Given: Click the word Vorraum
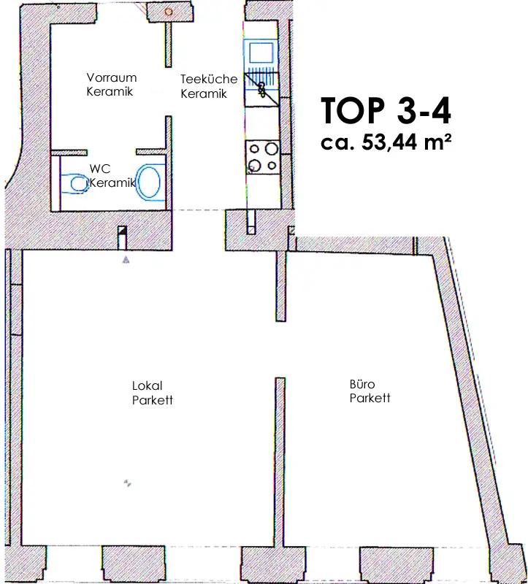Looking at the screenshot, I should pos(112,77).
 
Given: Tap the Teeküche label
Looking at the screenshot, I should pos(209,80).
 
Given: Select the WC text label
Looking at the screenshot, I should pos(99,169).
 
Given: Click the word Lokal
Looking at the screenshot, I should pos(146,385).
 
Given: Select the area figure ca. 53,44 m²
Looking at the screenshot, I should pos(386,142).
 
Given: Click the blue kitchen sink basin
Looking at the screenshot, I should pos(260,53).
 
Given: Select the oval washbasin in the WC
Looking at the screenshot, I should pos(150,182).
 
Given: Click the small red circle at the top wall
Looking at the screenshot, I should pos(169,12).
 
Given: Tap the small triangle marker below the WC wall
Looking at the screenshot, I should pos(126,259).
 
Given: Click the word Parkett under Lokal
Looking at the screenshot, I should pos(152,400).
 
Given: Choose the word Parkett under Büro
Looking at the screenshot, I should pos(370,398).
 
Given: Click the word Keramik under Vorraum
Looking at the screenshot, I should pos(110,91).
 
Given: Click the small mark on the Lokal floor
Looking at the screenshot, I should pos(127,483).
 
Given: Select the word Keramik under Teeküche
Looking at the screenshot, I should pos(204,93).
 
